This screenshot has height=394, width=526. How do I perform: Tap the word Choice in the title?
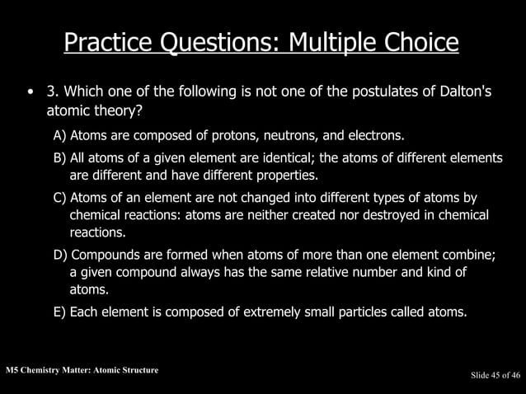pyautogui.click(x=420, y=42)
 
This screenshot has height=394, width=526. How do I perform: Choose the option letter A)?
pyautogui.click(x=61, y=134)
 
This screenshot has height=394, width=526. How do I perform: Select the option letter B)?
pyautogui.click(x=60, y=157)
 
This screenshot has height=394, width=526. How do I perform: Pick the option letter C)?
pyautogui.click(x=60, y=198)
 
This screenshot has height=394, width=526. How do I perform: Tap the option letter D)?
pyautogui.click(x=61, y=256)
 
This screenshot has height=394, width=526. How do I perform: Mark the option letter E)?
pyautogui.click(x=60, y=312)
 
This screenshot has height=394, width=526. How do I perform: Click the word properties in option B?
pyautogui.click(x=284, y=176)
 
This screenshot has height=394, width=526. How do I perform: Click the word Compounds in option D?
pyautogui.click(x=106, y=256)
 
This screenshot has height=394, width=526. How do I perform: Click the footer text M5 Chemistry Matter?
pyautogui.click(x=49, y=370)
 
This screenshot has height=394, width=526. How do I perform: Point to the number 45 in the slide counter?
pyautogui.click(x=495, y=376)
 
